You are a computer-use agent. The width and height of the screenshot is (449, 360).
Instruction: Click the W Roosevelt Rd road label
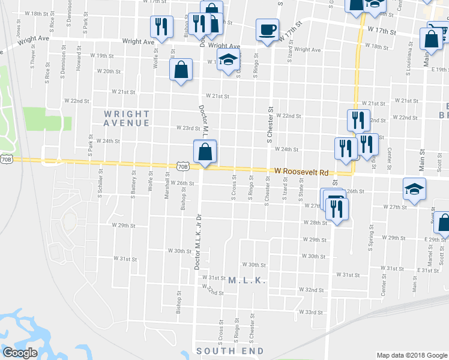pyautogui.click(x=302, y=172)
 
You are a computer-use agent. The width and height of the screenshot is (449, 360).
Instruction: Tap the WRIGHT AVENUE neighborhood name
pyautogui.click(x=127, y=118)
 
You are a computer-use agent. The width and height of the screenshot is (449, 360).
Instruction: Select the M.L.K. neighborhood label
pyautogui.click(x=247, y=280)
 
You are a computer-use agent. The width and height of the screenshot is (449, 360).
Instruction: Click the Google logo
pyautogui.click(x=20, y=352)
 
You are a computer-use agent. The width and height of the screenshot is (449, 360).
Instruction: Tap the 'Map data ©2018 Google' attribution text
pyautogui.click(x=411, y=355)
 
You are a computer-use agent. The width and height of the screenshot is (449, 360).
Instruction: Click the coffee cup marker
pyautogui.click(x=267, y=29)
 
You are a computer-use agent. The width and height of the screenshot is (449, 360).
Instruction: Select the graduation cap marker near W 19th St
pyautogui.click(x=228, y=60)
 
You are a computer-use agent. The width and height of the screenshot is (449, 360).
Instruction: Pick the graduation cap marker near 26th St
pyautogui.click(x=414, y=188)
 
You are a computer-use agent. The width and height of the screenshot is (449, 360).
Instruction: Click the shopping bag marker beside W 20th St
pyautogui.click(x=181, y=70)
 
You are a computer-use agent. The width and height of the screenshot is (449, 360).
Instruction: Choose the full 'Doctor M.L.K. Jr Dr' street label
pyautogui.click(x=196, y=240)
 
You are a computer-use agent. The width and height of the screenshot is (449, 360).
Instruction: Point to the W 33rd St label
pyautogui.click(x=311, y=312)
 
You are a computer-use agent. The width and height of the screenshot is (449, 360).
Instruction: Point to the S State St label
pyautogui.click(x=301, y=192)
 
